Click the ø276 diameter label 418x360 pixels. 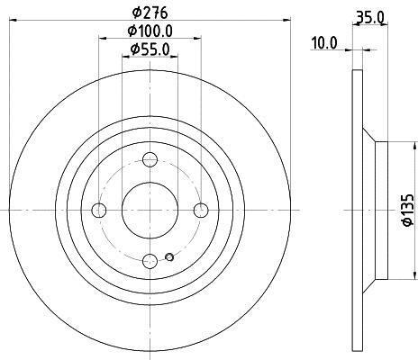pos(150,13)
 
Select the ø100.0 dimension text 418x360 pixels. pos(150,31)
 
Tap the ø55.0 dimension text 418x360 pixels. pos(150,49)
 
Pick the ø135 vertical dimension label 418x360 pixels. pos(408,210)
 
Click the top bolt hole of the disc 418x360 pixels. pos(150,159)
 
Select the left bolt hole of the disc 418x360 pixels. pos(99,210)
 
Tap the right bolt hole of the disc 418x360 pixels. pos(201,210)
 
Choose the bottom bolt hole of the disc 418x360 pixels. pos(150,261)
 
